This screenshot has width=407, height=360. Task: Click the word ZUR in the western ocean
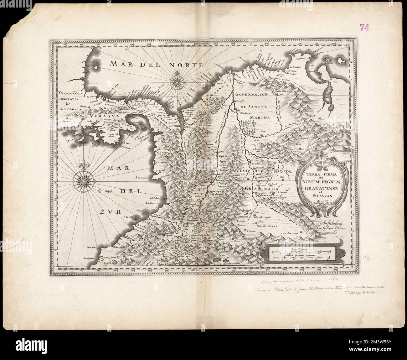pos(111,212)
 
